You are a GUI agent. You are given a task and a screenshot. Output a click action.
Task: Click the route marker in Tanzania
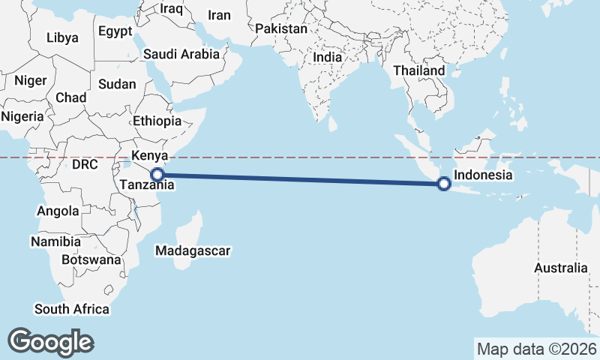157,175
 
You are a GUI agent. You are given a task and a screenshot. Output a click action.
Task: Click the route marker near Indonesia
444,183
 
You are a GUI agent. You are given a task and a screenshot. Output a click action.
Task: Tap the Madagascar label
193,250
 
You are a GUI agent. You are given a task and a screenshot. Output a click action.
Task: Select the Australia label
561,268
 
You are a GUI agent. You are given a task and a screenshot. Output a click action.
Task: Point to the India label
327,57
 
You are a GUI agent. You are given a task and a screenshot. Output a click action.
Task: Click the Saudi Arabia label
181,54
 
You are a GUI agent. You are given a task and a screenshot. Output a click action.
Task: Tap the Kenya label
148,157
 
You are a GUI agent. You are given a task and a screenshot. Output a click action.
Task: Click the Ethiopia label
157,121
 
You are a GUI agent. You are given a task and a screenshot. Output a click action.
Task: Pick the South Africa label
72,309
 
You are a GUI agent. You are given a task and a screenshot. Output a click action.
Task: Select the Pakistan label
281,29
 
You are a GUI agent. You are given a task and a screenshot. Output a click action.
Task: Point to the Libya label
61,37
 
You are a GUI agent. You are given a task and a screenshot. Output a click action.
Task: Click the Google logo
50,342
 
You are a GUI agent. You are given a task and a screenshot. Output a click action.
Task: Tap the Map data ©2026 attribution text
537,349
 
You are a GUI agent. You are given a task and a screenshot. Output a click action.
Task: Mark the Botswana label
91,259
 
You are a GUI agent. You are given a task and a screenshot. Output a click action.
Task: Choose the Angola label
58,211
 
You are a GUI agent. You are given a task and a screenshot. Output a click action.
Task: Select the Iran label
219,15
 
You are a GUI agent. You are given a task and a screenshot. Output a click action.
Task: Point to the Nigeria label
22,116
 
